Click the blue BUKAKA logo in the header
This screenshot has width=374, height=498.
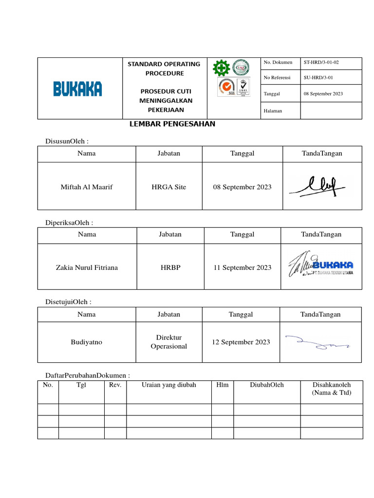coord(77,89)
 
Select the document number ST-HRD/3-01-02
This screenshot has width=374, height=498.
coord(321,62)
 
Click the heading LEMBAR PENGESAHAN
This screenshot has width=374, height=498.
coord(172,124)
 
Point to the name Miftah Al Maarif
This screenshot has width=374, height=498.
coord(87,187)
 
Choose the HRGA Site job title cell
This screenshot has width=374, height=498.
coord(168,187)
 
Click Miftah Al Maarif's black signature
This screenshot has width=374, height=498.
coord(317,186)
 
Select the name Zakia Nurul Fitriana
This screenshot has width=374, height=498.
coord(87,267)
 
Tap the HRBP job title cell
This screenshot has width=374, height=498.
coord(169,267)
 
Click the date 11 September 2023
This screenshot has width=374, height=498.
coord(242,267)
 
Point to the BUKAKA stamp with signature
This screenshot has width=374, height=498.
coord(321,266)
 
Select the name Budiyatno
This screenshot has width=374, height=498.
coord(86,342)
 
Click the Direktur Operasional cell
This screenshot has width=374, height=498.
coord(168,342)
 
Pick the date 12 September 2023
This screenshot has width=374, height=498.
coord(241,342)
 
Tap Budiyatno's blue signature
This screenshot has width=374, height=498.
coord(317,342)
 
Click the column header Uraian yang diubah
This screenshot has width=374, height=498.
coord(168,385)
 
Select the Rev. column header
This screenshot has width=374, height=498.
coord(115,385)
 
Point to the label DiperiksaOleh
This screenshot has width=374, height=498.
coord(69,223)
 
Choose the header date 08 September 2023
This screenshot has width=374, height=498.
coord(323,93)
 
